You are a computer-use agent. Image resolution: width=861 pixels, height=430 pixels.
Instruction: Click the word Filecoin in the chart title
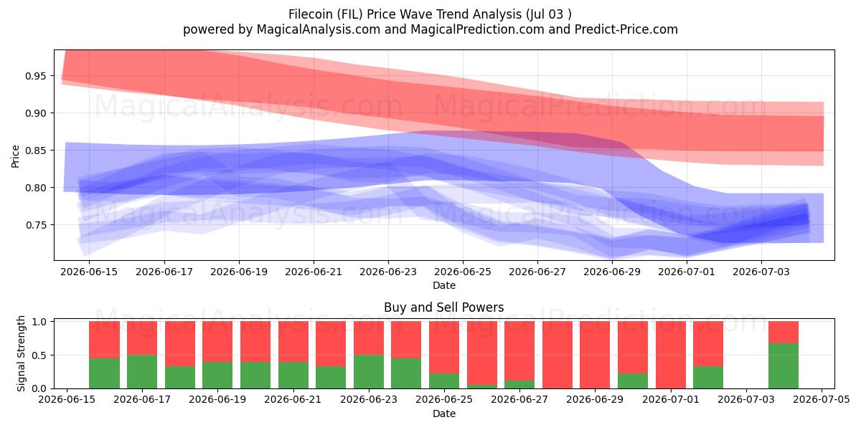(x=311, y=14)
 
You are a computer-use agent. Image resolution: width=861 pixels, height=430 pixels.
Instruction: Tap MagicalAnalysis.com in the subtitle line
(x=319, y=29)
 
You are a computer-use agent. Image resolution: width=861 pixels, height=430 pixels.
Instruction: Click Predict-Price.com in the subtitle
(x=626, y=29)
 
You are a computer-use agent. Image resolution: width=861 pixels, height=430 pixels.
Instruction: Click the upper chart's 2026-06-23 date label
(x=388, y=272)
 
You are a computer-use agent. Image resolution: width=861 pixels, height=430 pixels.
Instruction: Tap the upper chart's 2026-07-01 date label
(x=687, y=272)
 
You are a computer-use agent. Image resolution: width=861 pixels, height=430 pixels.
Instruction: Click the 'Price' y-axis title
(x=15, y=156)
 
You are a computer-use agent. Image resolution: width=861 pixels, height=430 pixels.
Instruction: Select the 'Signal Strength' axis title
(x=21, y=353)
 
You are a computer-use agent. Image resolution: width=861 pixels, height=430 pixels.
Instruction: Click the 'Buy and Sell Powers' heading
(x=444, y=307)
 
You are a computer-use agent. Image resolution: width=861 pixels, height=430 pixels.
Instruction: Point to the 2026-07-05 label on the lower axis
(x=822, y=399)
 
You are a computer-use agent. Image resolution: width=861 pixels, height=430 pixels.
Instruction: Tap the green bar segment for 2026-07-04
(x=784, y=366)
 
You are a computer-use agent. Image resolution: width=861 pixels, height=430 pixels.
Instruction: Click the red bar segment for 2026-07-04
(x=784, y=332)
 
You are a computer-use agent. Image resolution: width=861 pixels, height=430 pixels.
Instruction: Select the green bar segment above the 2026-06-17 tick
(x=142, y=372)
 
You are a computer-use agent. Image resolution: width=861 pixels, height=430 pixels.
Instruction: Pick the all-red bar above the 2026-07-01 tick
(x=671, y=355)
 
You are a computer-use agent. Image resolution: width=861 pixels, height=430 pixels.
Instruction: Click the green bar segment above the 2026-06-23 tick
(x=369, y=372)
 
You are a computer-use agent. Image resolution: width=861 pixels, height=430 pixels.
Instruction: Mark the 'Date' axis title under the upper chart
(x=444, y=285)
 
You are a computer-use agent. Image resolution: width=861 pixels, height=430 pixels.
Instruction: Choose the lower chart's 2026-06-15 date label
(x=67, y=399)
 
